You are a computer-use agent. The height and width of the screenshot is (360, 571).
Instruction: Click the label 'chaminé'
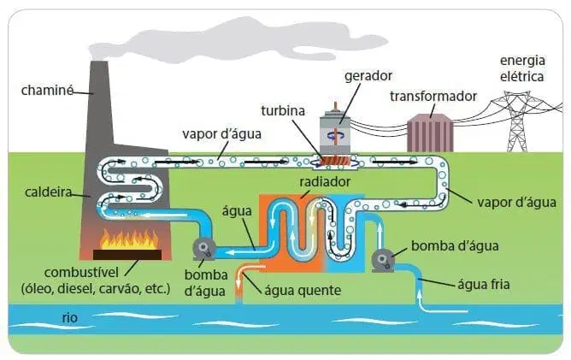click(47, 90)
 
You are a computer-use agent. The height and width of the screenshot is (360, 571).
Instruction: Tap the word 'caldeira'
click(49, 192)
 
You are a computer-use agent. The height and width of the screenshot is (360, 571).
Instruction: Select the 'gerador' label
click(368, 76)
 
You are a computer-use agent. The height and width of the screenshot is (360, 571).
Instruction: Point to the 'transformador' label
click(433, 96)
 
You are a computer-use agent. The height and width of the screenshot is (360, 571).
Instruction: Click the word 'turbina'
click(283, 110)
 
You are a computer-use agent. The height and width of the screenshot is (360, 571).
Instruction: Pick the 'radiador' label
click(325, 181)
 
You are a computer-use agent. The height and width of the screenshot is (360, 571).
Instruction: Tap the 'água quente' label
click(303, 291)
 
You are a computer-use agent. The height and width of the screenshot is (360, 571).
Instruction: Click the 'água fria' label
click(484, 284)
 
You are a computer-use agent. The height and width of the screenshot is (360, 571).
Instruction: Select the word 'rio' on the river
click(69, 317)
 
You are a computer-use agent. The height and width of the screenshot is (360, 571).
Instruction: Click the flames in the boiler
click(129, 239)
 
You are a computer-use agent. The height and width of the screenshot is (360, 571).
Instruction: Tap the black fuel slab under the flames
click(127, 254)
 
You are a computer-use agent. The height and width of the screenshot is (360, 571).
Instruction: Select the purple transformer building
click(430, 133)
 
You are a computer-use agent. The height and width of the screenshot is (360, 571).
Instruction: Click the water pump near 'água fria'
click(383, 260)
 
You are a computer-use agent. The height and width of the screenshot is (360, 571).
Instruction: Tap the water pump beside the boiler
click(204, 249)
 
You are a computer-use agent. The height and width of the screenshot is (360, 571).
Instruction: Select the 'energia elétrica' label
click(522, 68)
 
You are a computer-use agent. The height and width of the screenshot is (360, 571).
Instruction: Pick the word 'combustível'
click(81, 273)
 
